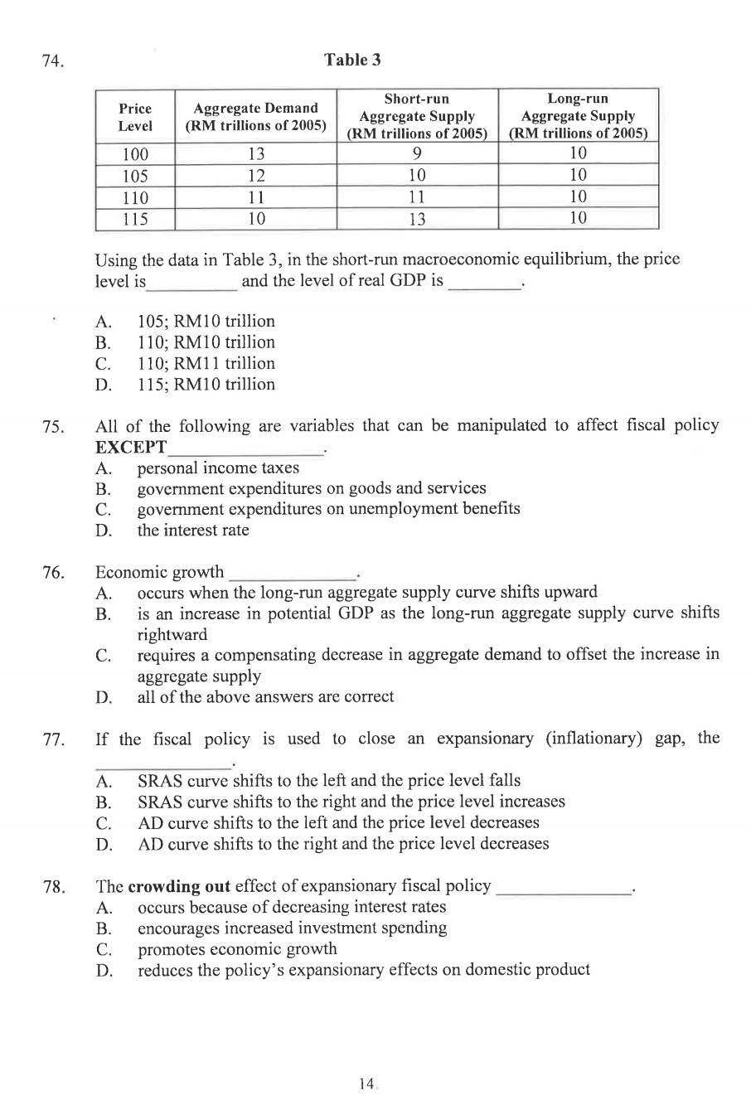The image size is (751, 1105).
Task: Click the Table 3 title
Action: pos(352,60)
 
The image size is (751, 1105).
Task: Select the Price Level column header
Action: pos(135,117)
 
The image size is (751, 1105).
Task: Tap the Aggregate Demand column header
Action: pos(255,117)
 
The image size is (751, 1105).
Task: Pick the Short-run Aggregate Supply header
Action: pos(417,116)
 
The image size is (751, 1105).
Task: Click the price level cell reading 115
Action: pos(135,219)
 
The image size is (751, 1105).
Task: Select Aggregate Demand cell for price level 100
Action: pos(256,154)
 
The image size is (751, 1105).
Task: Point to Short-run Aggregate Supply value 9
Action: pos(417,153)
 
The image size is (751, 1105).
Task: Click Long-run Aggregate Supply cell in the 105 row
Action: pos(578,175)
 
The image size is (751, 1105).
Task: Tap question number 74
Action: pos(53,61)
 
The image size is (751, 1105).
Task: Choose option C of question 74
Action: pos(206,363)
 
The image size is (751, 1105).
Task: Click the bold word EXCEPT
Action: pos(131,448)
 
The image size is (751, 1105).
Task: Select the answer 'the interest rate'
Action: pos(192,530)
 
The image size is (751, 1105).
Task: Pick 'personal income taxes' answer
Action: pos(218,468)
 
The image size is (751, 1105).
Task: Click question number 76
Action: pos(53,573)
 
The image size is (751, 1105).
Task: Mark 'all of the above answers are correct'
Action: pos(265,696)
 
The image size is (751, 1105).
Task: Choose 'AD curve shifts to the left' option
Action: pos(337,822)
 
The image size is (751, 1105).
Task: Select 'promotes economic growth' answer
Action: pos(237,948)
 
